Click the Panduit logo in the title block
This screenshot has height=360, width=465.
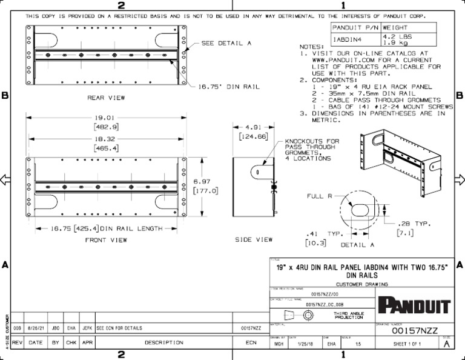(x=415, y=305)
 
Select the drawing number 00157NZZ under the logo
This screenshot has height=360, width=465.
(x=415, y=332)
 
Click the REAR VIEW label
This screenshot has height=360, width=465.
(x=107, y=97)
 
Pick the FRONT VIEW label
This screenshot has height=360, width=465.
(x=107, y=240)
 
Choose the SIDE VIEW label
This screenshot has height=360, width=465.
(x=254, y=240)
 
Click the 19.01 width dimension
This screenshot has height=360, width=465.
(x=105, y=118)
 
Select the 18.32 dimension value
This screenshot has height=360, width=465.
(x=105, y=138)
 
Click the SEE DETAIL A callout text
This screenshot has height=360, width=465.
(x=226, y=43)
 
